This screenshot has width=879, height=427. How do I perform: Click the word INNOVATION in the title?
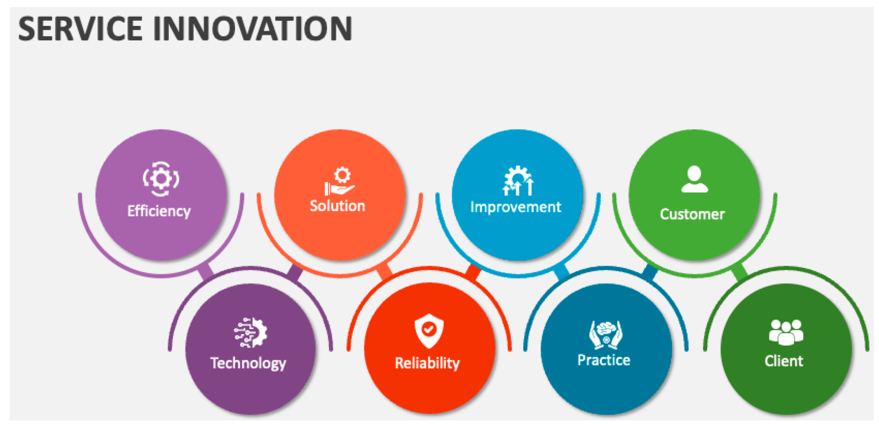coord(252,29)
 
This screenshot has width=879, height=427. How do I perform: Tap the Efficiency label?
coord(159,211)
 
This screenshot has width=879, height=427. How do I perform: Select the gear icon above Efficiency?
coord(161,179)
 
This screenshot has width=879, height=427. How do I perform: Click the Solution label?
coord(338,206)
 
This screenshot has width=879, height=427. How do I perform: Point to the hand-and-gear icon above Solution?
coord(339,181)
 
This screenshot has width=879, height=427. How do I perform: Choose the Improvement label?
coord(516,207)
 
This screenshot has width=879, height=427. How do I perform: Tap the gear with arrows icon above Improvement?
coord(518,181)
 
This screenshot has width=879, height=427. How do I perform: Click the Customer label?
coord(692,214)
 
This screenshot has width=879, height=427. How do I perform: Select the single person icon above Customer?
coord(694,179)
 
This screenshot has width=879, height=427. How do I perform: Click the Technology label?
coord(249,363)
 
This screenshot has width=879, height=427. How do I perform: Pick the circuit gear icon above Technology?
coord(250,332)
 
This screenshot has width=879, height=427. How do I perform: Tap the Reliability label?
coord(427,363)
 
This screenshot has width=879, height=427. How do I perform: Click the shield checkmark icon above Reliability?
coord(429,331)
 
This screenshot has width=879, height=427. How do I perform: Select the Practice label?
coord(604,360)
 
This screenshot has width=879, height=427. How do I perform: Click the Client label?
coord(784,361)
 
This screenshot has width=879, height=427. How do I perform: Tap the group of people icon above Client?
coord(786,332)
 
